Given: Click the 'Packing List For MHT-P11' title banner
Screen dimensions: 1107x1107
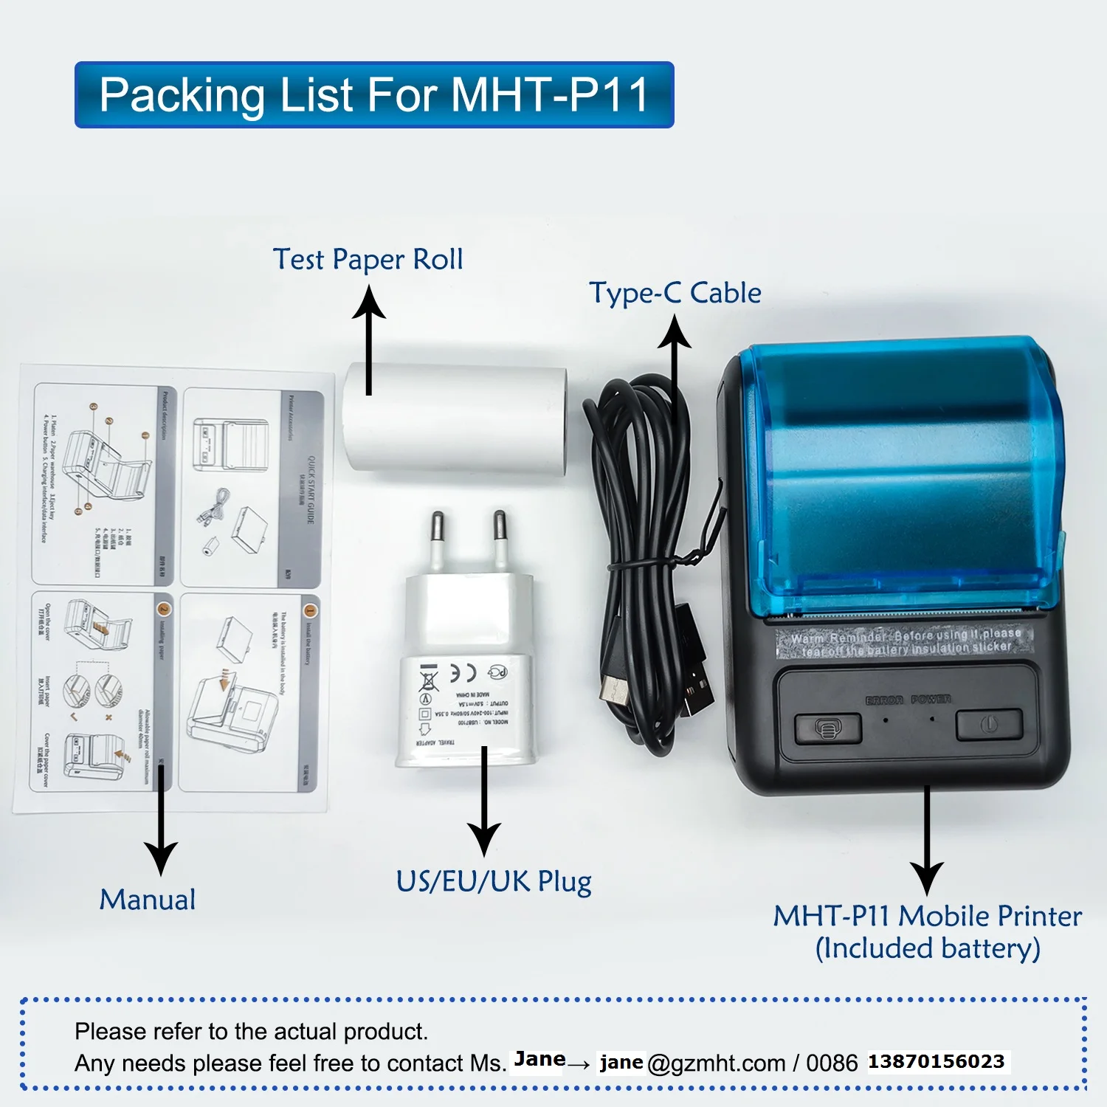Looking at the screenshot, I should coord(374,94).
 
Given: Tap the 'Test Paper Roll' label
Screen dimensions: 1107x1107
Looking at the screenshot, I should coord(368,259).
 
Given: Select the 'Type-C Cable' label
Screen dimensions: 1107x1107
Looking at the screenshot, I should coord(675,293).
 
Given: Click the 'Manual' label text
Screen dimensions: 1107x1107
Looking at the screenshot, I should coord(148,900).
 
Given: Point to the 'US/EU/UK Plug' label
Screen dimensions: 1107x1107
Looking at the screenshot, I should coord(493,881).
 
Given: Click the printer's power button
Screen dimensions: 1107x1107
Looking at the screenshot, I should coord(989,725).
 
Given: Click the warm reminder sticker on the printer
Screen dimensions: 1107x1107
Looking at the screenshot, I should coord(905,642).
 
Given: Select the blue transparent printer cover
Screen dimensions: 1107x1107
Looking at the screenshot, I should coord(900,472).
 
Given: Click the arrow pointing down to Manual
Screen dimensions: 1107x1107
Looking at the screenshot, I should coord(160,819).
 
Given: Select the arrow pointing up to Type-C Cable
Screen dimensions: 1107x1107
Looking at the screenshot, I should coord(675,369).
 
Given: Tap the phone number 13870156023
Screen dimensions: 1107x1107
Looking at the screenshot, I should coord(936,1062).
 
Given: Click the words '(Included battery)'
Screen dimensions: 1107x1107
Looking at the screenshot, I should coord(928,948).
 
